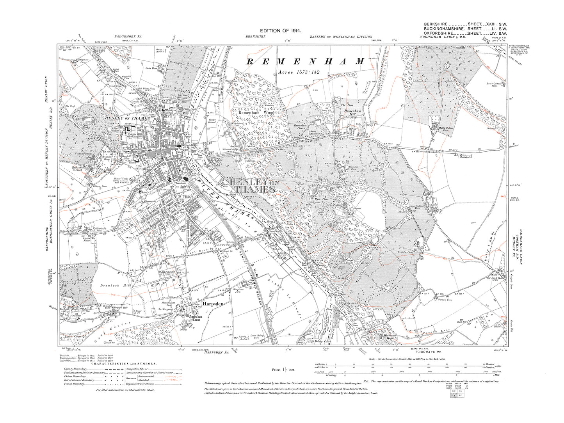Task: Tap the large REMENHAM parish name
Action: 306,61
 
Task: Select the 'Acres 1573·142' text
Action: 299,72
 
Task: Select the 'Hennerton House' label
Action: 378,336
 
